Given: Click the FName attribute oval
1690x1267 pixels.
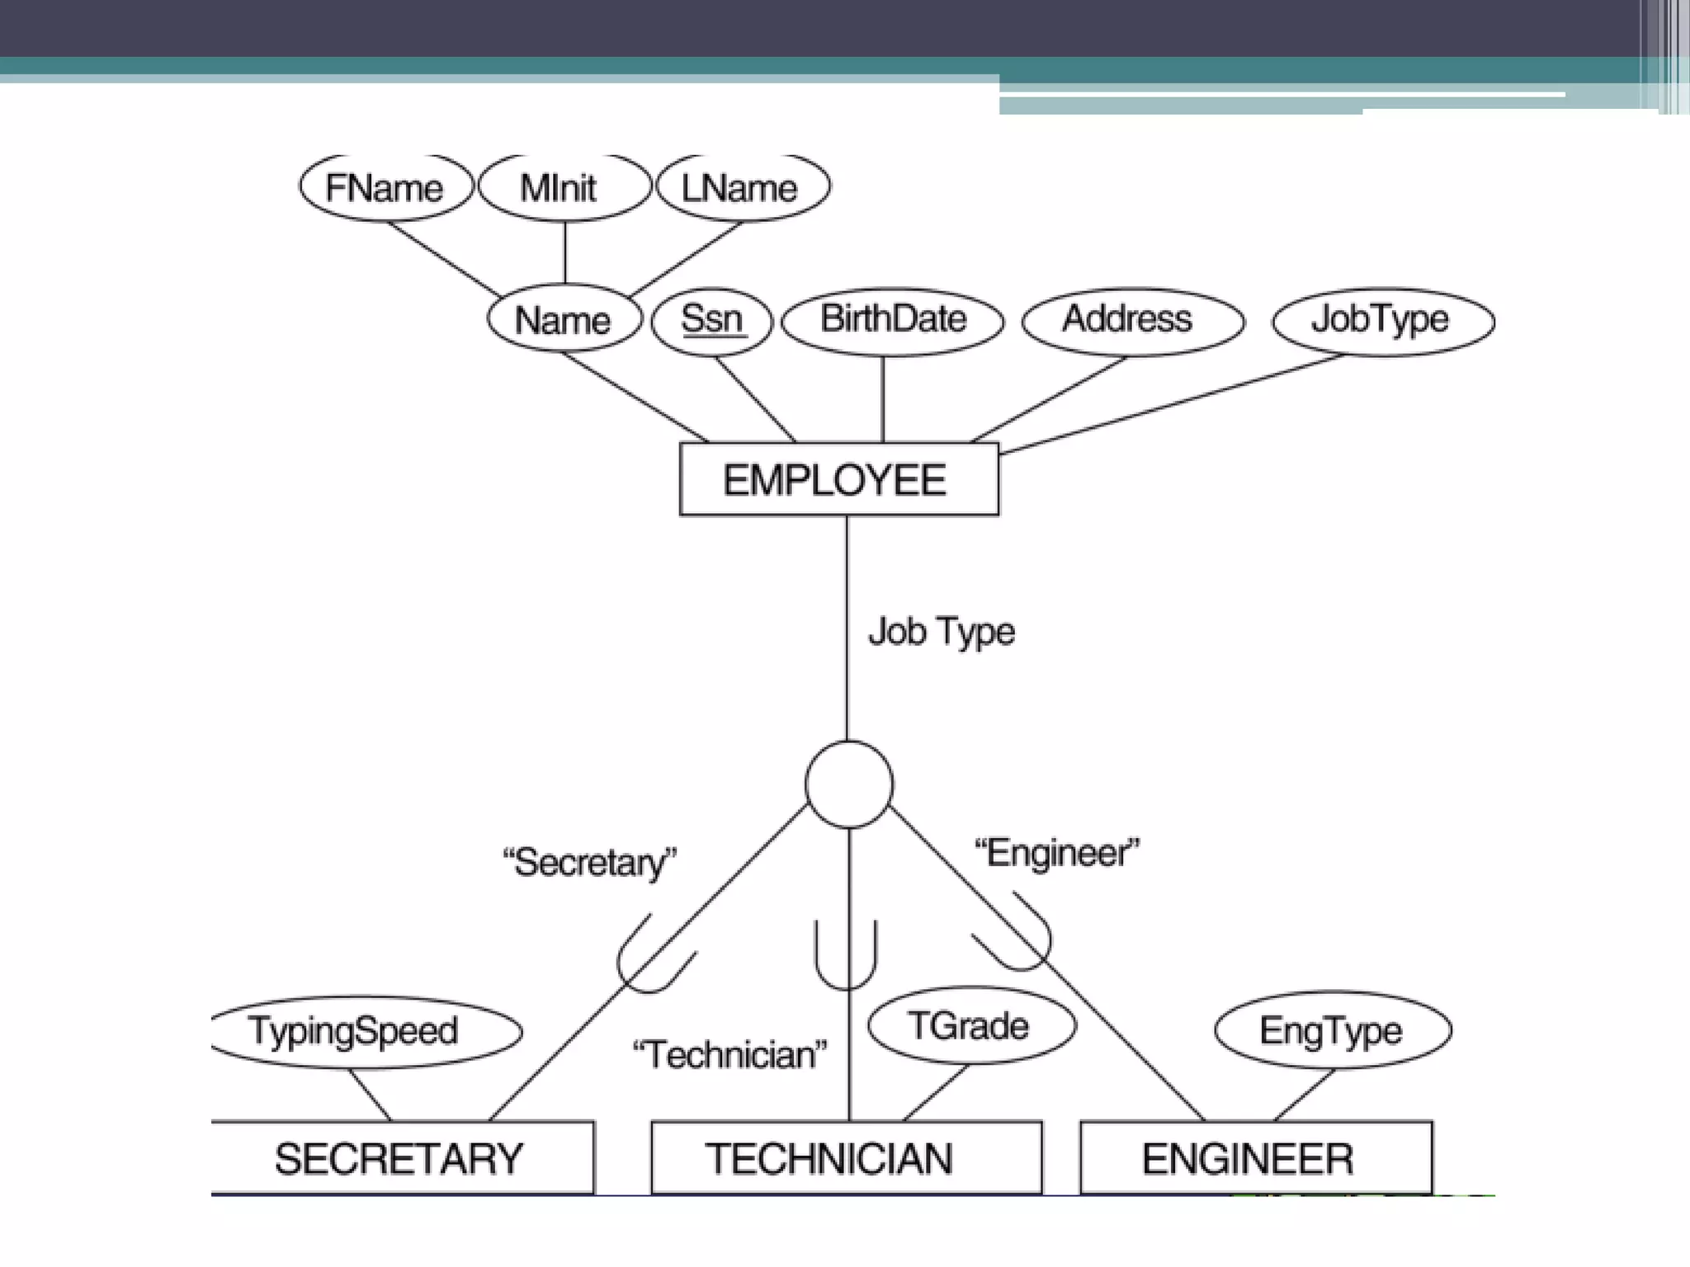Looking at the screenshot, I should [x=385, y=187].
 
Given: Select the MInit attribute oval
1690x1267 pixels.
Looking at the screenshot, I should [x=564, y=187].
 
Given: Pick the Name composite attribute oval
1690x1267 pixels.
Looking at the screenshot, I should [x=564, y=319].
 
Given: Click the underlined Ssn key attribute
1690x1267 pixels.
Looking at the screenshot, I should [x=711, y=319].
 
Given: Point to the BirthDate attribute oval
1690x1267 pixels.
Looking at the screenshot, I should [x=892, y=320].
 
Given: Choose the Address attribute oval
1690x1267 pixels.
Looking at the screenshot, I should [x=1131, y=320].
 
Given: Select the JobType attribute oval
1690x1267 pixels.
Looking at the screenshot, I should [x=1383, y=320].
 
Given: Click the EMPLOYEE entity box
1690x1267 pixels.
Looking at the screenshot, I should [x=838, y=480].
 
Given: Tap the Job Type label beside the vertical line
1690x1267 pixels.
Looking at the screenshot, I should [x=942, y=632].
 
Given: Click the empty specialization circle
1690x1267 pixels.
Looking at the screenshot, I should [x=848, y=784].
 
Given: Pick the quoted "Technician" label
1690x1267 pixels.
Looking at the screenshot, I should [x=729, y=1055].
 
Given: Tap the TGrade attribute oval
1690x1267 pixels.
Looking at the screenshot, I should [x=970, y=1026].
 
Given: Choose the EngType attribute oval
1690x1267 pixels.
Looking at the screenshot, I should [x=1332, y=1030].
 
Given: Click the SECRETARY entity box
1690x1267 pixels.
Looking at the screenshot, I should [x=400, y=1157].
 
